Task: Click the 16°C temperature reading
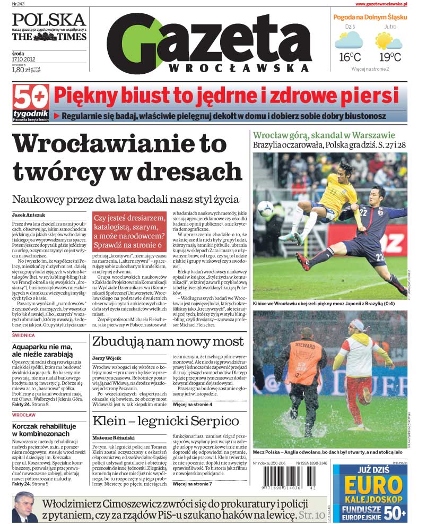(x=350, y=57)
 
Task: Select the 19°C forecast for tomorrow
(x=389, y=57)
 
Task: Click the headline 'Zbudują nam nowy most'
(x=168, y=341)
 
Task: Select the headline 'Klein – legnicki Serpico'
(x=165, y=421)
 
